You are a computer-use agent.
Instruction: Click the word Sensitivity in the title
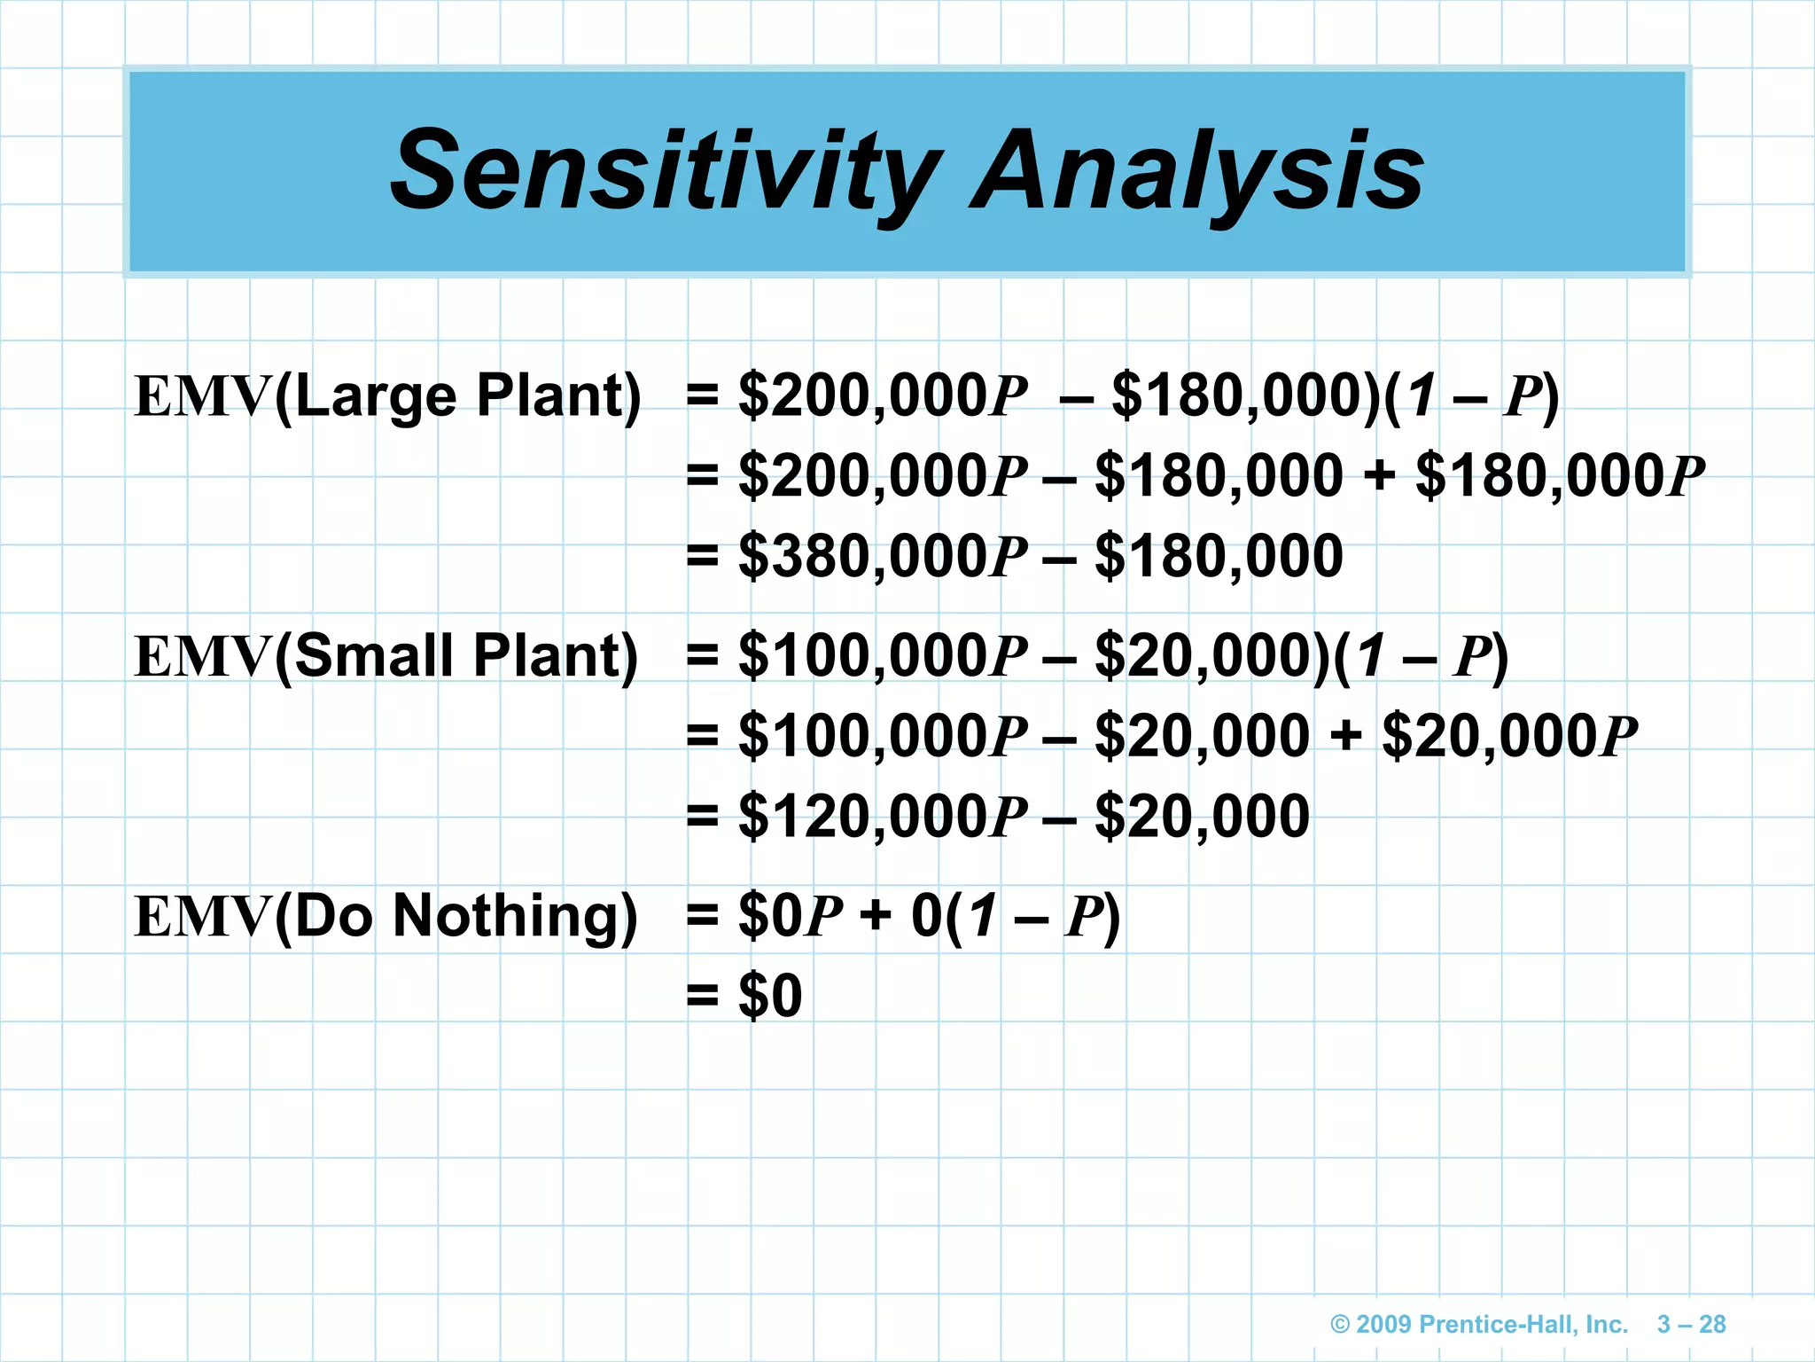(x=665, y=170)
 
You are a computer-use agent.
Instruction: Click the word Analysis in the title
(x=1196, y=170)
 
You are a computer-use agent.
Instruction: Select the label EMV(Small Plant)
(x=386, y=656)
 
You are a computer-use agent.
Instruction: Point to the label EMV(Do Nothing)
(x=386, y=916)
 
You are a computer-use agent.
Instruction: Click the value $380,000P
(x=883, y=557)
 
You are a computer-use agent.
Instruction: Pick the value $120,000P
(x=883, y=817)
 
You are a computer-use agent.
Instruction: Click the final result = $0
(x=744, y=996)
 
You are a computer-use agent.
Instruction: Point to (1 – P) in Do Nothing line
(x=1033, y=916)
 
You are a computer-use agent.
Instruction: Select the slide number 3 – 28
(x=1691, y=1325)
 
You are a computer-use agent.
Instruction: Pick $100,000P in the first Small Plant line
(x=883, y=656)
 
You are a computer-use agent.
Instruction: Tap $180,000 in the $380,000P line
(x=1219, y=557)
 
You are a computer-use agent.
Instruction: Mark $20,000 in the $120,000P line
(x=1202, y=817)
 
